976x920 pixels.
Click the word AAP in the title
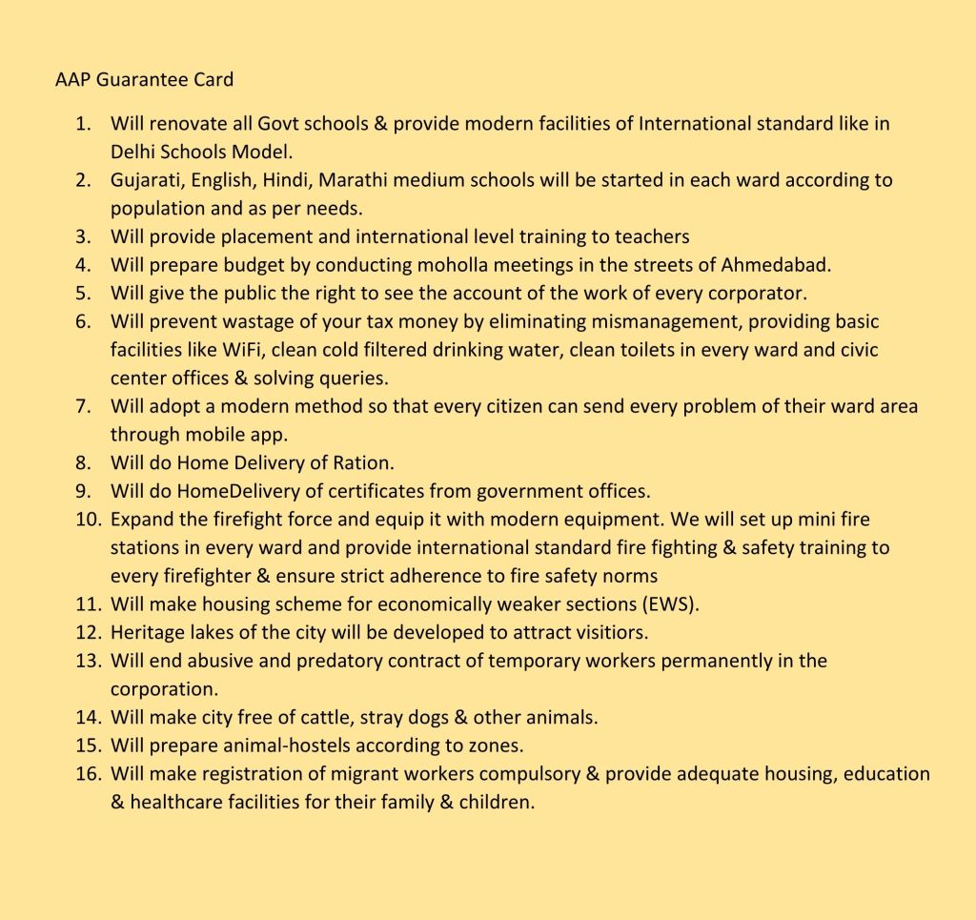72,79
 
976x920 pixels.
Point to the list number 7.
83,406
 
